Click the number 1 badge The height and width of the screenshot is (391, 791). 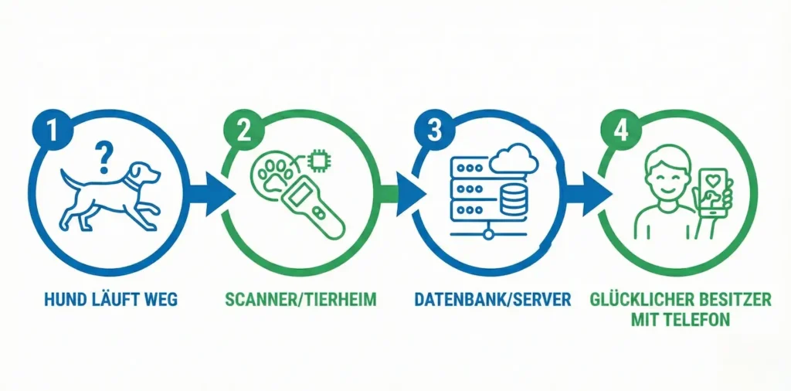tap(49, 130)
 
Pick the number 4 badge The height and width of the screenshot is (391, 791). tap(620, 130)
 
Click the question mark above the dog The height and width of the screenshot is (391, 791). tap(100, 158)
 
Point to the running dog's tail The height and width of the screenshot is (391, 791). tap(70, 182)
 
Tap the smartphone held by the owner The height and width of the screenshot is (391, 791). tap(715, 195)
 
